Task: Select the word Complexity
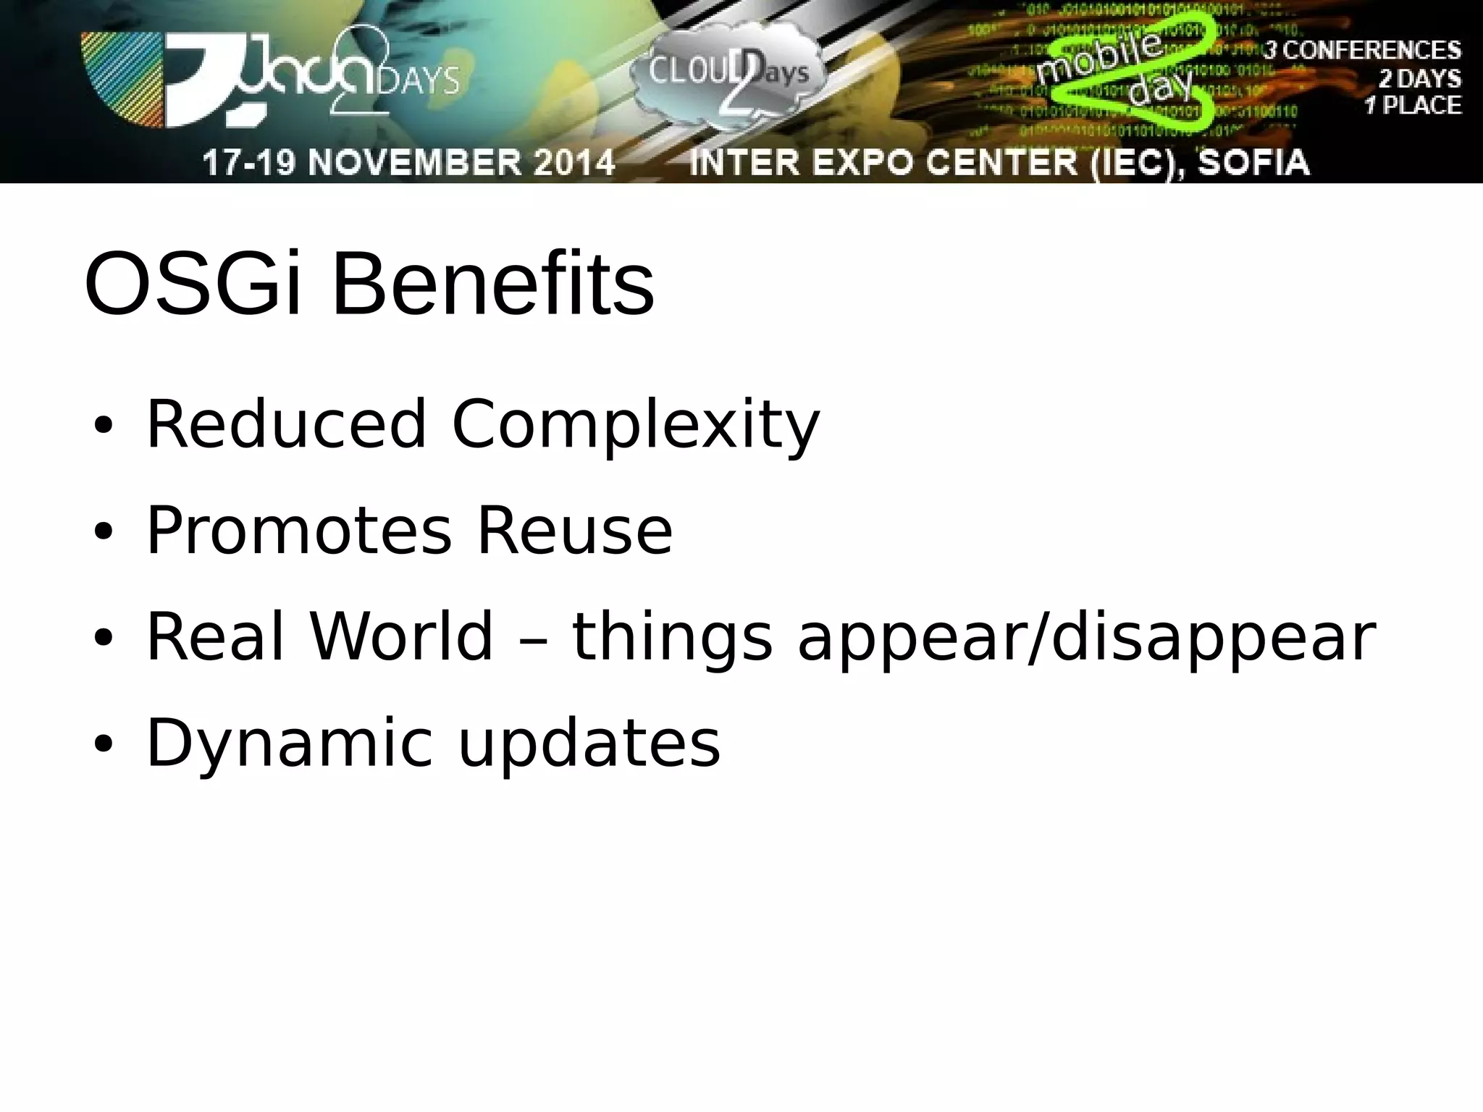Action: [635, 427]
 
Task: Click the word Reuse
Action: [574, 532]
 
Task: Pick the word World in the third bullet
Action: [402, 637]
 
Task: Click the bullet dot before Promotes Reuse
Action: [104, 533]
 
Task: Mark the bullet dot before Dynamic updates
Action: [104, 744]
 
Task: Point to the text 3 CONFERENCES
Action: [1361, 51]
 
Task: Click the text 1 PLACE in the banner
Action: [1412, 106]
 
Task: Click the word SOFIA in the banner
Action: [1253, 162]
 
